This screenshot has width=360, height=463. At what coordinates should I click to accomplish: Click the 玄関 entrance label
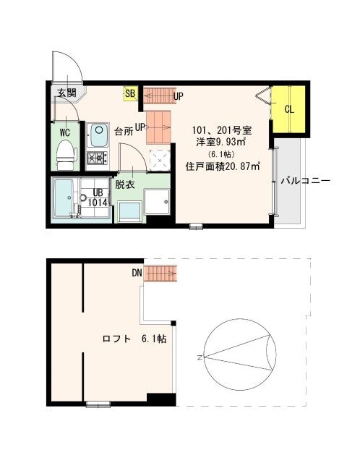(x=67, y=93)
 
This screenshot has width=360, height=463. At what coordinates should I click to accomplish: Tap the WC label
(x=64, y=133)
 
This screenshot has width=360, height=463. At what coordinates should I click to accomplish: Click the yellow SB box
(x=130, y=93)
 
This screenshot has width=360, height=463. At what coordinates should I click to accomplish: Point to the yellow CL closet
(x=289, y=110)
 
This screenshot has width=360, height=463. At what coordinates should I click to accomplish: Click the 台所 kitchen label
(x=124, y=132)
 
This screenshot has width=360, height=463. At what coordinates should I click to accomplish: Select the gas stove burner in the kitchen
(x=97, y=158)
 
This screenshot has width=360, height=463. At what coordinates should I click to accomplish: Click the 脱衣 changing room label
(x=125, y=184)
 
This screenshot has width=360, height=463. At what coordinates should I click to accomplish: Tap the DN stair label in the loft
(x=136, y=273)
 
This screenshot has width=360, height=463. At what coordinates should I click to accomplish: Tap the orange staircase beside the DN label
(x=160, y=273)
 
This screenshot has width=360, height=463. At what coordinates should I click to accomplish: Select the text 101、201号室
(x=221, y=130)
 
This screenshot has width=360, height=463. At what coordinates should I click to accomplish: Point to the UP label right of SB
(x=178, y=96)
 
